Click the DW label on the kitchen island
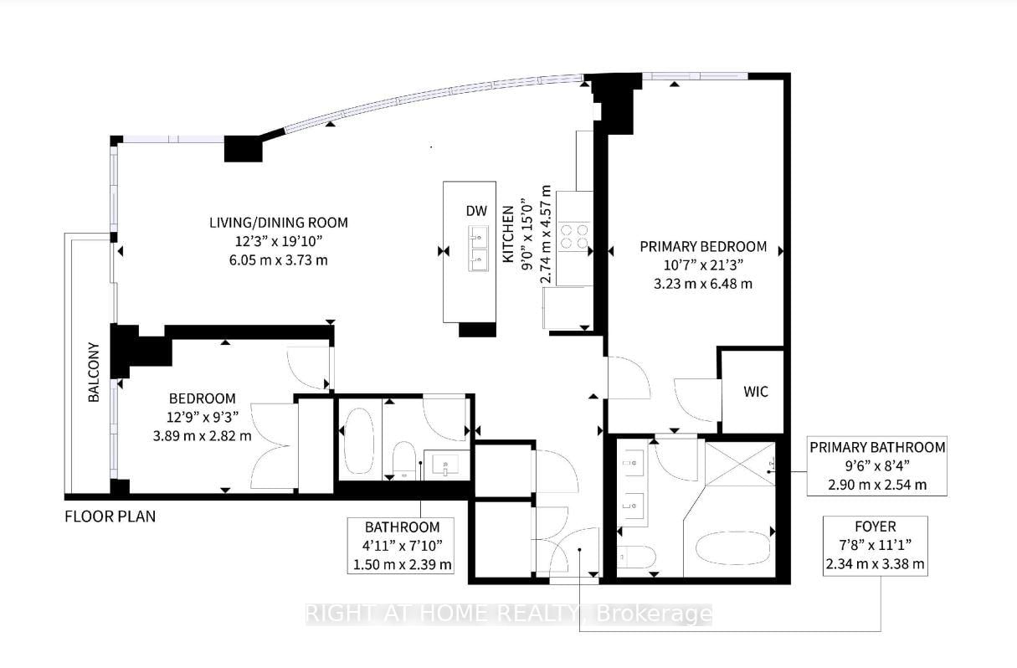[x=476, y=212]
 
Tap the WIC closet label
[x=755, y=391]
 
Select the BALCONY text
[x=94, y=372]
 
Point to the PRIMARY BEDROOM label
[x=703, y=246]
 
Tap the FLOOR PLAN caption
[x=110, y=516]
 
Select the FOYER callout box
[x=876, y=545]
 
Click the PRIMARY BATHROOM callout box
[x=877, y=465]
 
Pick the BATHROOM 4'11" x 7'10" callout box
[x=403, y=546]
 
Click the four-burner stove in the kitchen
[x=574, y=236]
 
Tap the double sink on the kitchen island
[x=477, y=249]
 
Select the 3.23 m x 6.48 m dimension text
[x=703, y=283]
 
